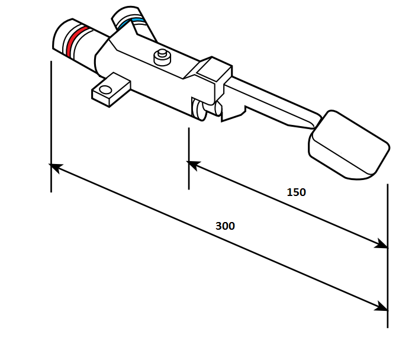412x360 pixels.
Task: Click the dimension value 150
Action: (297, 192)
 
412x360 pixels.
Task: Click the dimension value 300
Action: (225, 226)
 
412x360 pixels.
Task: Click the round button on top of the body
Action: (162, 57)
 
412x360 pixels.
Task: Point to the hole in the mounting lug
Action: (105, 90)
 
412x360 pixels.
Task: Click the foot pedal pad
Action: (349, 145)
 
